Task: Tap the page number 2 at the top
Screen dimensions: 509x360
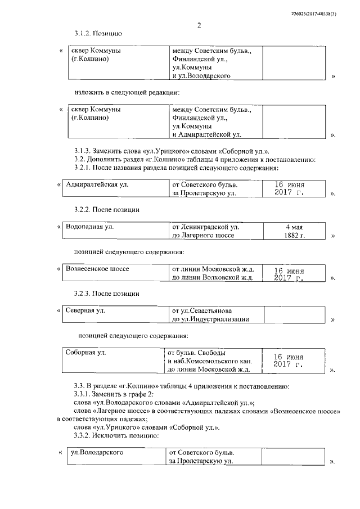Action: point(199,25)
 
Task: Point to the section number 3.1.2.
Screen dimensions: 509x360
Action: point(84,34)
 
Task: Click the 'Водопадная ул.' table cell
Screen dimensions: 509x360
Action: point(90,227)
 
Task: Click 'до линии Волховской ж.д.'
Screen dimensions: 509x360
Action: point(213,277)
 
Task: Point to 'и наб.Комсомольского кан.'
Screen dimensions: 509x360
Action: point(208,361)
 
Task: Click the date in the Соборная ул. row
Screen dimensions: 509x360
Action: point(288,361)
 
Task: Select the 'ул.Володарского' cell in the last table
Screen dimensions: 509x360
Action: point(97,452)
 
